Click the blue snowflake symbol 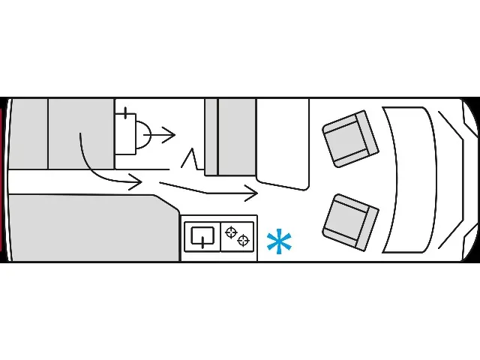coord(279,242)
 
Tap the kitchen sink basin coord(202,237)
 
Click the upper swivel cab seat coord(349,139)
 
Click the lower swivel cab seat coord(350,222)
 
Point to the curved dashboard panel coord(408,180)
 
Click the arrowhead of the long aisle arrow coord(253,193)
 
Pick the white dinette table coord(283,142)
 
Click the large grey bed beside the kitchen coord(82,229)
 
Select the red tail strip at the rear coord(3,180)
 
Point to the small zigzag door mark coord(191,159)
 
